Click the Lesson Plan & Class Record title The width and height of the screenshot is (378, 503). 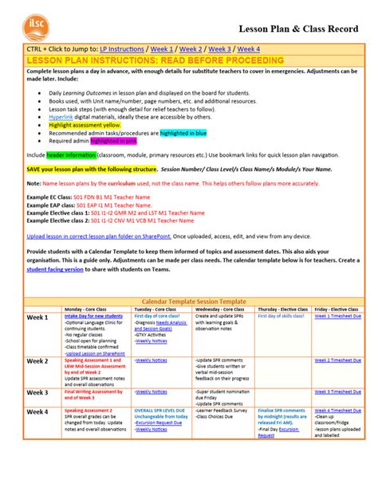[294, 29]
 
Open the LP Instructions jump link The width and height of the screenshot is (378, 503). [117, 49]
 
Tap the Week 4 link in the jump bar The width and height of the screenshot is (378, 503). [249, 49]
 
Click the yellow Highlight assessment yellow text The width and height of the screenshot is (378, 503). [85, 126]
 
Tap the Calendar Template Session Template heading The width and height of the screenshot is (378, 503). [188, 302]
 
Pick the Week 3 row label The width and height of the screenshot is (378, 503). [37, 392]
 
